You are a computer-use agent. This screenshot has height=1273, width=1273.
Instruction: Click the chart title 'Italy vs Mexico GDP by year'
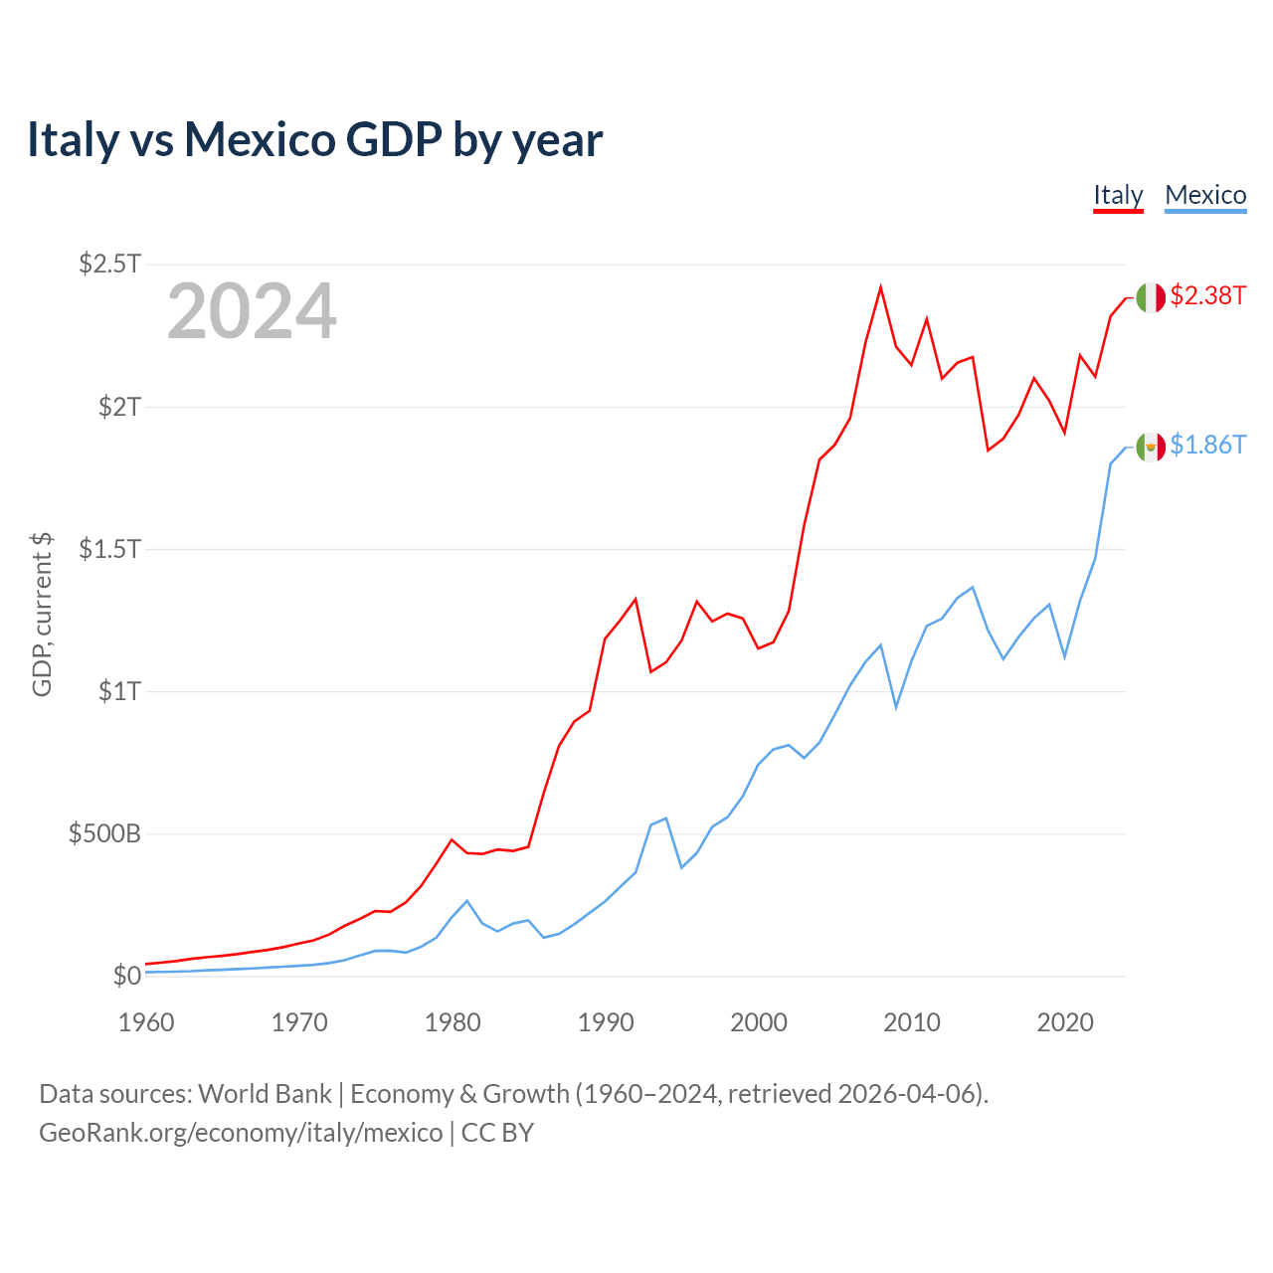point(314,139)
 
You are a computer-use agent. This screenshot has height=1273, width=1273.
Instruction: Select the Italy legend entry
point(1118,195)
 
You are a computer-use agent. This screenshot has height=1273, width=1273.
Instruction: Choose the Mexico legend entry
point(1205,195)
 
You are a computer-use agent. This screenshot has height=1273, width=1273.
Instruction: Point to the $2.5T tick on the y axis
point(109,264)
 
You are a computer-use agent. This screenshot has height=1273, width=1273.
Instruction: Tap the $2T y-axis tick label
point(119,406)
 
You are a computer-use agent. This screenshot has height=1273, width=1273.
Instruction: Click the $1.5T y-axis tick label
point(109,548)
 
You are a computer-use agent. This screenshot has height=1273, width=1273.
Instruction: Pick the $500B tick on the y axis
point(104,833)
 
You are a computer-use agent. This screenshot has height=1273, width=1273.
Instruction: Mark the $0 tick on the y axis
point(126,976)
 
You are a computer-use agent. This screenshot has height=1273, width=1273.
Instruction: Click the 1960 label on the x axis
point(146,1022)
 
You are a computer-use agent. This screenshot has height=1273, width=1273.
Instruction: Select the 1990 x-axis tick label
point(606,1022)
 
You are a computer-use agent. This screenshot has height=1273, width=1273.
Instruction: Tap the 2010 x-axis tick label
point(912,1022)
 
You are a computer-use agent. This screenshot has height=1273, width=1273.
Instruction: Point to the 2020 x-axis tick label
point(1065,1022)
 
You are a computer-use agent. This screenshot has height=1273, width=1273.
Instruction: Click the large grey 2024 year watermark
point(252,312)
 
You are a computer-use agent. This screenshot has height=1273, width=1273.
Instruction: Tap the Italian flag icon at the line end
point(1151,296)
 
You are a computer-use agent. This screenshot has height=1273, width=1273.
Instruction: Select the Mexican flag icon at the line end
point(1151,447)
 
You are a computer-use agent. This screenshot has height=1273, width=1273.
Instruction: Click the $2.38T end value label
point(1207,295)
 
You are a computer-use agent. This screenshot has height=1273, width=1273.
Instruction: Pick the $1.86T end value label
point(1207,445)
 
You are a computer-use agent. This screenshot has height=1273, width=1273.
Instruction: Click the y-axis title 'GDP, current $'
point(42,614)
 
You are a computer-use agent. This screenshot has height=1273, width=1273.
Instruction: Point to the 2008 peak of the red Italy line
point(880,287)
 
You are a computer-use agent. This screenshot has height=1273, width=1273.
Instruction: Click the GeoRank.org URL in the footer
point(241,1133)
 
